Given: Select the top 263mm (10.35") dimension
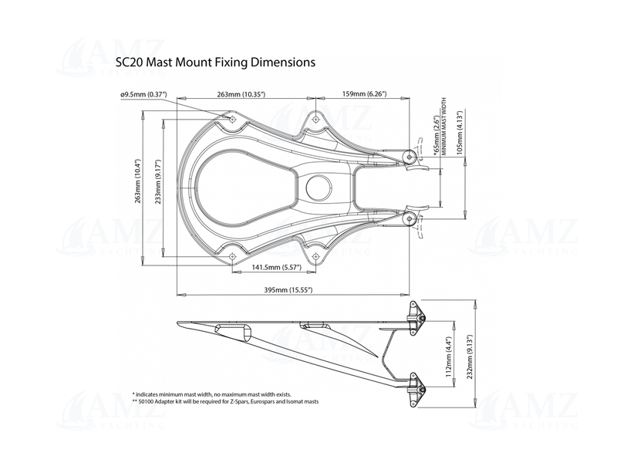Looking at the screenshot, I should [x=241, y=94].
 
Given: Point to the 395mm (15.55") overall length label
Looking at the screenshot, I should [x=288, y=289].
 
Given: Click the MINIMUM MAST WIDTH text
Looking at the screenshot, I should [x=444, y=128].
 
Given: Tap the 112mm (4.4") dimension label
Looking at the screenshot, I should [x=449, y=358].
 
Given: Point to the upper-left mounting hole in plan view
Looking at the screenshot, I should [x=233, y=119].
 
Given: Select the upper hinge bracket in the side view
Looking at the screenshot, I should [x=417, y=319].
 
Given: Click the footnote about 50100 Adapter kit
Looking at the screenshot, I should [x=225, y=402].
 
